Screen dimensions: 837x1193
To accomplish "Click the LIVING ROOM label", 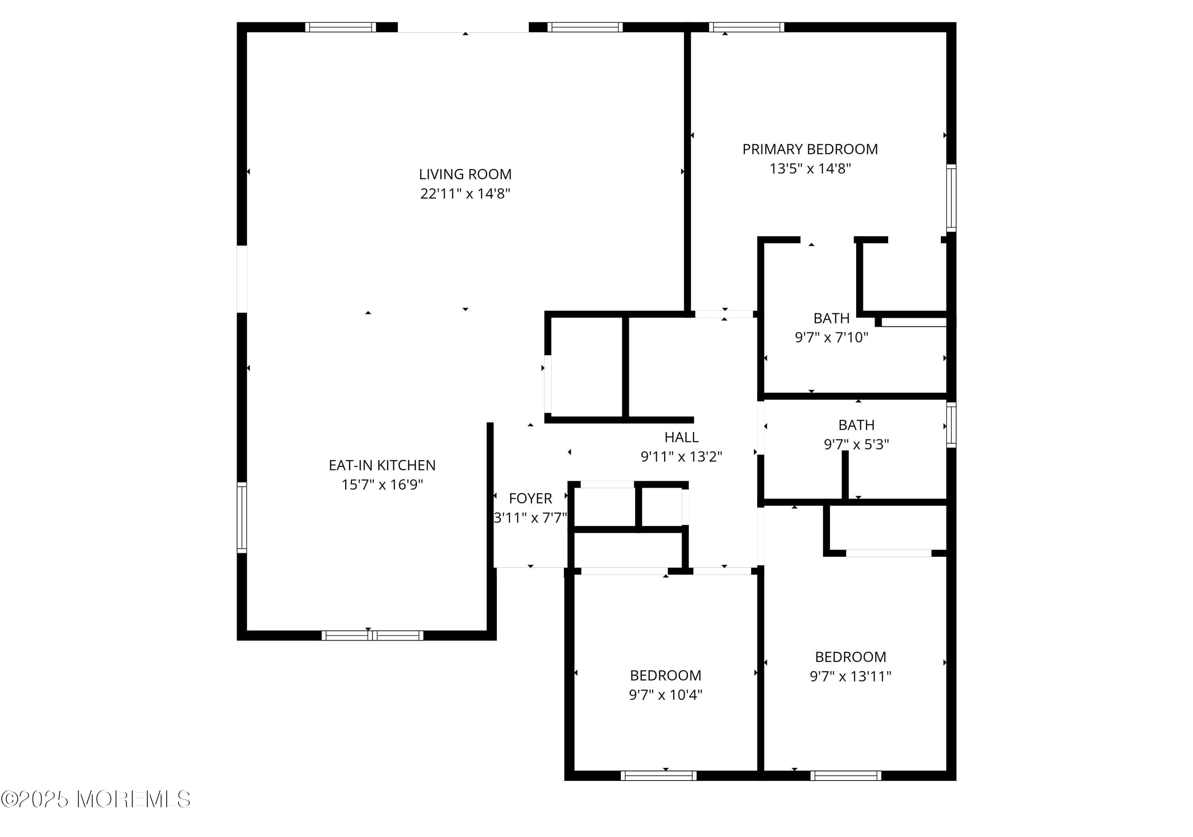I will [465, 174].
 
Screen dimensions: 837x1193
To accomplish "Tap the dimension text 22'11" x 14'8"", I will [465, 194].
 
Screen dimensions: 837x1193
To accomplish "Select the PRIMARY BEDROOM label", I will [810, 150].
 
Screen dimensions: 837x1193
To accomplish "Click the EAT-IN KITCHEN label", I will [382, 465].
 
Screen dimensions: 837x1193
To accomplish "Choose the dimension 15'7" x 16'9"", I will [382, 485].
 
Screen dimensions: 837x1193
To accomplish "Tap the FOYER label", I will [530, 498].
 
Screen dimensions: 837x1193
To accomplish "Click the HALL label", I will [681, 437].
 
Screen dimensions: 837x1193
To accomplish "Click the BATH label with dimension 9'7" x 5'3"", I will [856, 425].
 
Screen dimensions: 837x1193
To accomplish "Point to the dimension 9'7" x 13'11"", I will [850, 676].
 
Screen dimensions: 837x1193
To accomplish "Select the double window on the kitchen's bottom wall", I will [372, 635].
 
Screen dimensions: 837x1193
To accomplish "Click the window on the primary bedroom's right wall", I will [950, 198].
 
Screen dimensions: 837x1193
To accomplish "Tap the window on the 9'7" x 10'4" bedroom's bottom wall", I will [658, 776].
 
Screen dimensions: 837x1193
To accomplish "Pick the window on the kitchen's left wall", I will [242, 517].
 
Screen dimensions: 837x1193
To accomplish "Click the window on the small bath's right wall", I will [950, 425].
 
